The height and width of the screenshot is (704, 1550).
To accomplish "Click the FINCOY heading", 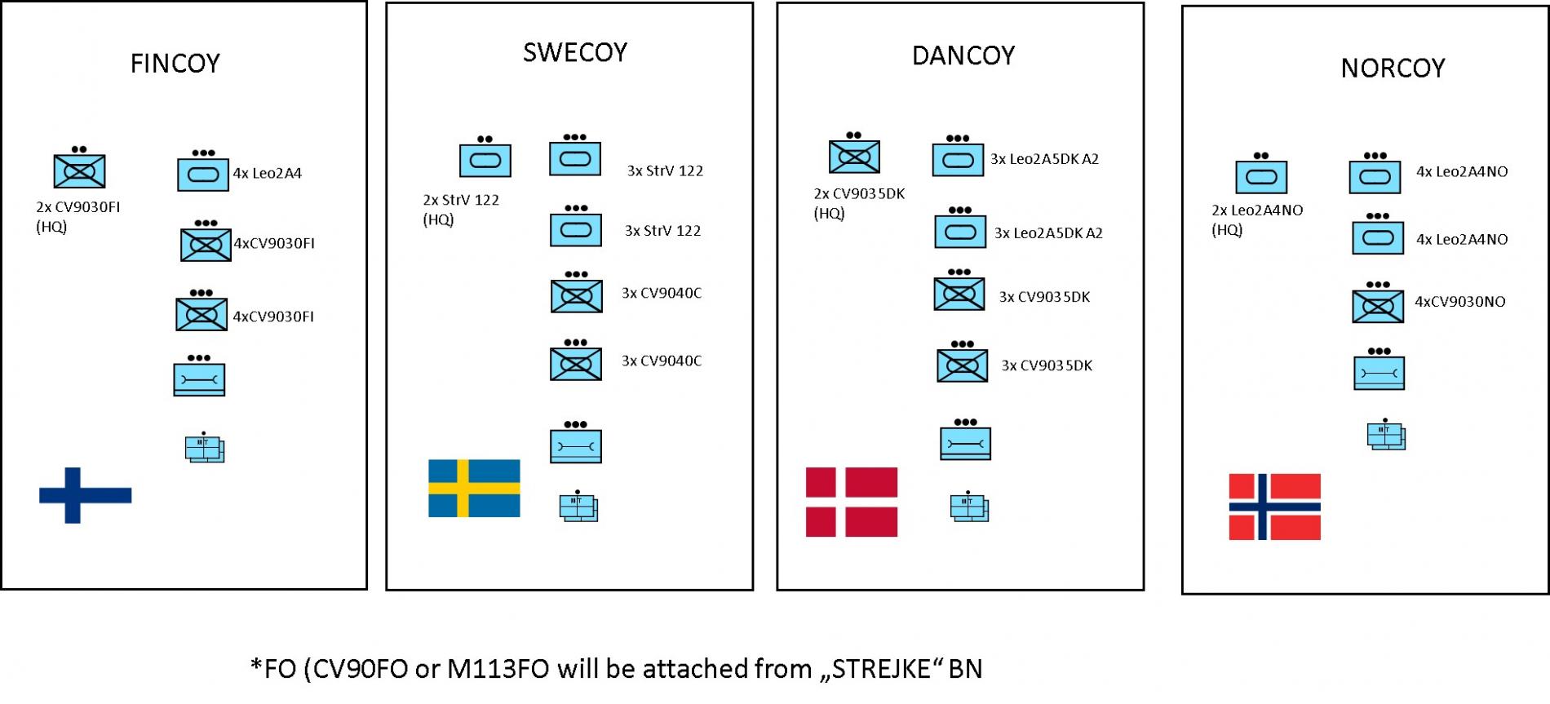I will pos(175,64).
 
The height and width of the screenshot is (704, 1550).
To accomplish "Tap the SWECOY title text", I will pos(575,53).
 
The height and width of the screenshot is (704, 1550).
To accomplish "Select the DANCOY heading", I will pos(963,55).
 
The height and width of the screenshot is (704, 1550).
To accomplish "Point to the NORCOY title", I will pos(1393,68).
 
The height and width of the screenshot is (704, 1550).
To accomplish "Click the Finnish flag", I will pos(85,494).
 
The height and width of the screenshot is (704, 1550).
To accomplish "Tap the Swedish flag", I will pos(474,488).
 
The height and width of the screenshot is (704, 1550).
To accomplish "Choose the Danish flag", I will pos(851,502).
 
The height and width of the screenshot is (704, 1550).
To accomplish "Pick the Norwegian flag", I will pos(1274,507).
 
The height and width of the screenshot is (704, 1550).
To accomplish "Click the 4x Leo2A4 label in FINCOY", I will pos(268,173).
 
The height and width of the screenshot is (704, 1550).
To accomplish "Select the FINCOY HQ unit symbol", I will pos(79,171).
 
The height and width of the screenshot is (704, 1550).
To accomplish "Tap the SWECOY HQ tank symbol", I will pos(485,160).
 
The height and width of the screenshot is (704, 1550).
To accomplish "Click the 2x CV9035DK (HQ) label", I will pos(858,203).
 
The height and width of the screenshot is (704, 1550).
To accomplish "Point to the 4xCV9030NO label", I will pos(1459,302).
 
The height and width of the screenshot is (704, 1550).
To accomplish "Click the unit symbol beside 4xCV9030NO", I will pos(1378,306).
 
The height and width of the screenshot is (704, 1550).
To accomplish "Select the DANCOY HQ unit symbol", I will pos(854,156).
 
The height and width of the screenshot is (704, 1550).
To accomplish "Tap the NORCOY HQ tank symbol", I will pos(1261,177).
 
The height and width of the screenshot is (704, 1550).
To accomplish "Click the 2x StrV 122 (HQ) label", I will pos(460,210).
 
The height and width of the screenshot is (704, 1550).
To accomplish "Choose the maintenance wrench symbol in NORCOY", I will pos(1379,373).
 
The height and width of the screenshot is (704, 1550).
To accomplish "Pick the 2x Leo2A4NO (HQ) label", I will pos(1256,219).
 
